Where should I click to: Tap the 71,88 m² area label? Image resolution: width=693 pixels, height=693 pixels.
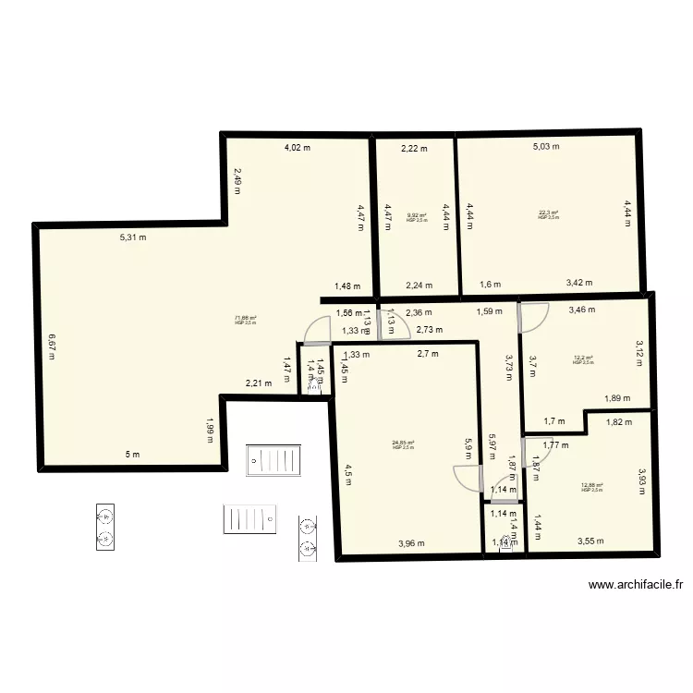click(x=246, y=317)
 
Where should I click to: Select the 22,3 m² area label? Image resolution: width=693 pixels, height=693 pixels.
click(x=549, y=213)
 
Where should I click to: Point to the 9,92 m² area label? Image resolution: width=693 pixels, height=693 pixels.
click(x=417, y=215)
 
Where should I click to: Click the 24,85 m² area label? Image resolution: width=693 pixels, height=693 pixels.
click(x=403, y=443)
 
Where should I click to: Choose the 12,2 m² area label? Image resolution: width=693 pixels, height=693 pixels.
click(x=583, y=359)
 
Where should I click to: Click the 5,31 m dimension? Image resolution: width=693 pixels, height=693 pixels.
click(x=133, y=237)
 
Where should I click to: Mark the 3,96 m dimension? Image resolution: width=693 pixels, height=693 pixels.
click(x=411, y=543)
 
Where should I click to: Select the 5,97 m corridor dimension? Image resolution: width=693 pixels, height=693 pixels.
click(x=492, y=448)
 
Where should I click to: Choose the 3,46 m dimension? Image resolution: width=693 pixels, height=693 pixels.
click(x=582, y=310)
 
